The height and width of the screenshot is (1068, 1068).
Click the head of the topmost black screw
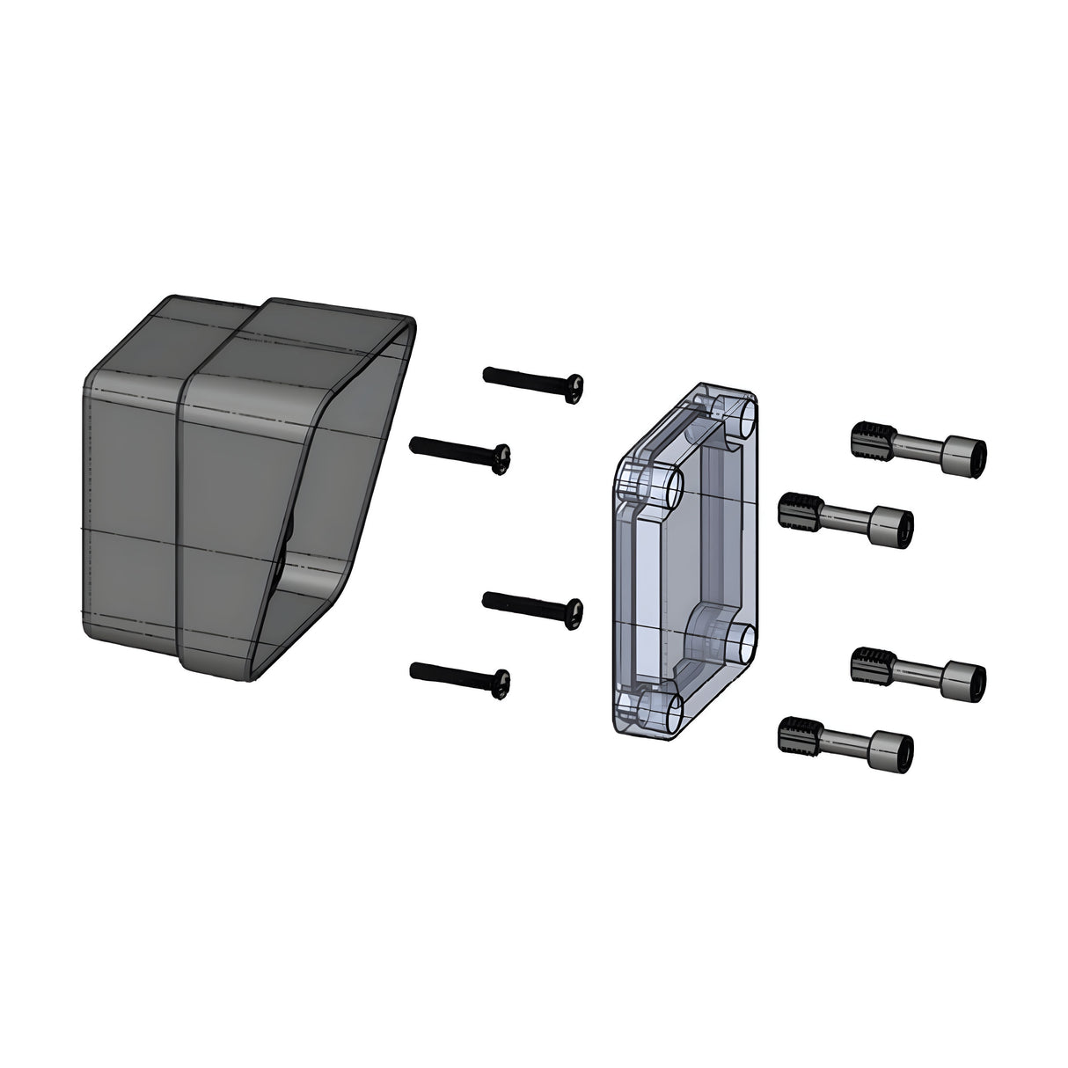(575, 387)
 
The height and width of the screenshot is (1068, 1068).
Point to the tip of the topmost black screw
(486, 375)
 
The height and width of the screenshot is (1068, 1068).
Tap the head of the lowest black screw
(502, 684)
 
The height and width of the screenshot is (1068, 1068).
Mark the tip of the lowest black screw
(413, 671)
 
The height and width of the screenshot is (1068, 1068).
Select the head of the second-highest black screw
(502, 459)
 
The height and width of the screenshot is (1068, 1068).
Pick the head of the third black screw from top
(574, 612)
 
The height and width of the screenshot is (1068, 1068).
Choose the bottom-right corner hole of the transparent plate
(742, 643)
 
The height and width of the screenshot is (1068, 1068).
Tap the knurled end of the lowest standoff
(799, 735)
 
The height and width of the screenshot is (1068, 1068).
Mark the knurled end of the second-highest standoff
(799, 509)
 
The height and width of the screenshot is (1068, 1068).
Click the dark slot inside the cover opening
(287, 545)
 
